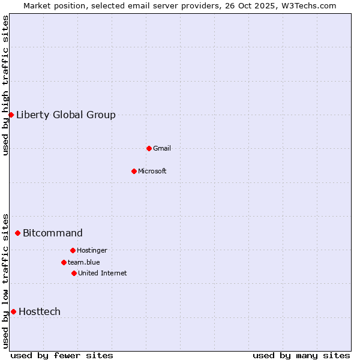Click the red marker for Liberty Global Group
(x=11, y=115)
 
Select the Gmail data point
(x=149, y=148)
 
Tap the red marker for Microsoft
(x=134, y=171)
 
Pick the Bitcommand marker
(x=17, y=233)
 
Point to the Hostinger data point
(x=73, y=250)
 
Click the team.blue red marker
(x=64, y=262)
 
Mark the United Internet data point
(x=74, y=273)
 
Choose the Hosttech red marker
(x=13, y=311)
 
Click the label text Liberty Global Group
(x=66, y=115)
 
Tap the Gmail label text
(x=162, y=148)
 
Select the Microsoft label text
(x=152, y=171)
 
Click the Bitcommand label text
(x=53, y=233)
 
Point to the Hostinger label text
(x=92, y=250)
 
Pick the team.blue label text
(x=84, y=262)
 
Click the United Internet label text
(x=103, y=273)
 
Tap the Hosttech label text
(x=40, y=312)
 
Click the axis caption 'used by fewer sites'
(x=62, y=355)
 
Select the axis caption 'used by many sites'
(x=301, y=355)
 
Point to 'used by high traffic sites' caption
(x=6, y=85)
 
